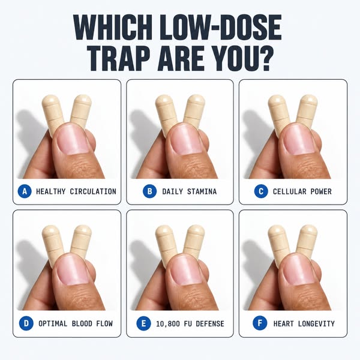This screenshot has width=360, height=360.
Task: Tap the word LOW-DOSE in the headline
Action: [x=221, y=28]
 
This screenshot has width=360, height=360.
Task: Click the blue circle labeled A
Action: [x=25, y=191]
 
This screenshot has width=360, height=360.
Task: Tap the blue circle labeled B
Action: [x=149, y=191]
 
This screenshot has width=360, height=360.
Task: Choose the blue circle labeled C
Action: [x=261, y=191]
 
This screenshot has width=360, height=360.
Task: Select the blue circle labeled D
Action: [x=26, y=323]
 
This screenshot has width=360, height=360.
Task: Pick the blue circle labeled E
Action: [x=143, y=323]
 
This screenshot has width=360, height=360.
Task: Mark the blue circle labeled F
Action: [x=260, y=323]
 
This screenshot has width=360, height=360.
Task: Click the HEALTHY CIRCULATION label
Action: [x=76, y=191]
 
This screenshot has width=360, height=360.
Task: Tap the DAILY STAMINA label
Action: [x=190, y=191]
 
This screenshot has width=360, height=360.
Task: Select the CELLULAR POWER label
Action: [x=302, y=191]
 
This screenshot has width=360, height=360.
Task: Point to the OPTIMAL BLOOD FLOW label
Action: [x=76, y=324]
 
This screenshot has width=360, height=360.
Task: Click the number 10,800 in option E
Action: [x=168, y=324]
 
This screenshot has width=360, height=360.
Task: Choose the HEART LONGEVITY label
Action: [x=304, y=324]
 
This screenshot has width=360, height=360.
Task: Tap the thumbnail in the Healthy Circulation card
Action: [x=73, y=139]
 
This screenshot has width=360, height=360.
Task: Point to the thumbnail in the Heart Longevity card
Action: [x=299, y=271]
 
